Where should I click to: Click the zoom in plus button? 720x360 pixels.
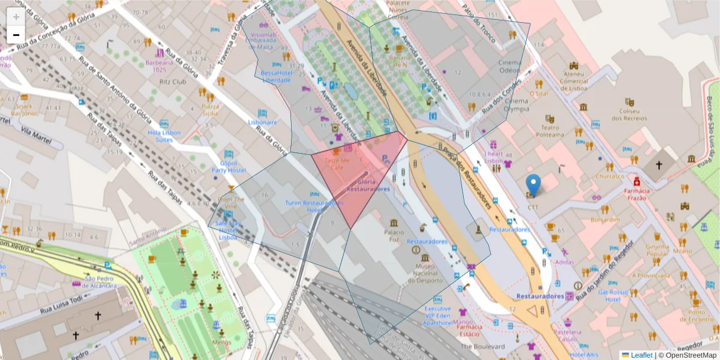[x=16, y=17]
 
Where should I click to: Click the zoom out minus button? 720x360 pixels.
[x=16, y=35]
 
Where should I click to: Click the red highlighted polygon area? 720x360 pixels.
[x=360, y=174]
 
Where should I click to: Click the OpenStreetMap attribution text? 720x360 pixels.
[x=690, y=355]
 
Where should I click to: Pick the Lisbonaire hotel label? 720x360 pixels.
[x=263, y=122]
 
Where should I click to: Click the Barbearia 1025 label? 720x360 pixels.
[x=159, y=65]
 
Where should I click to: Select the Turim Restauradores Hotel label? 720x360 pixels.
[x=314, y=206]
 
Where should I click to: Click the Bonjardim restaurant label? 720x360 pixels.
[x=604, y=220]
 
